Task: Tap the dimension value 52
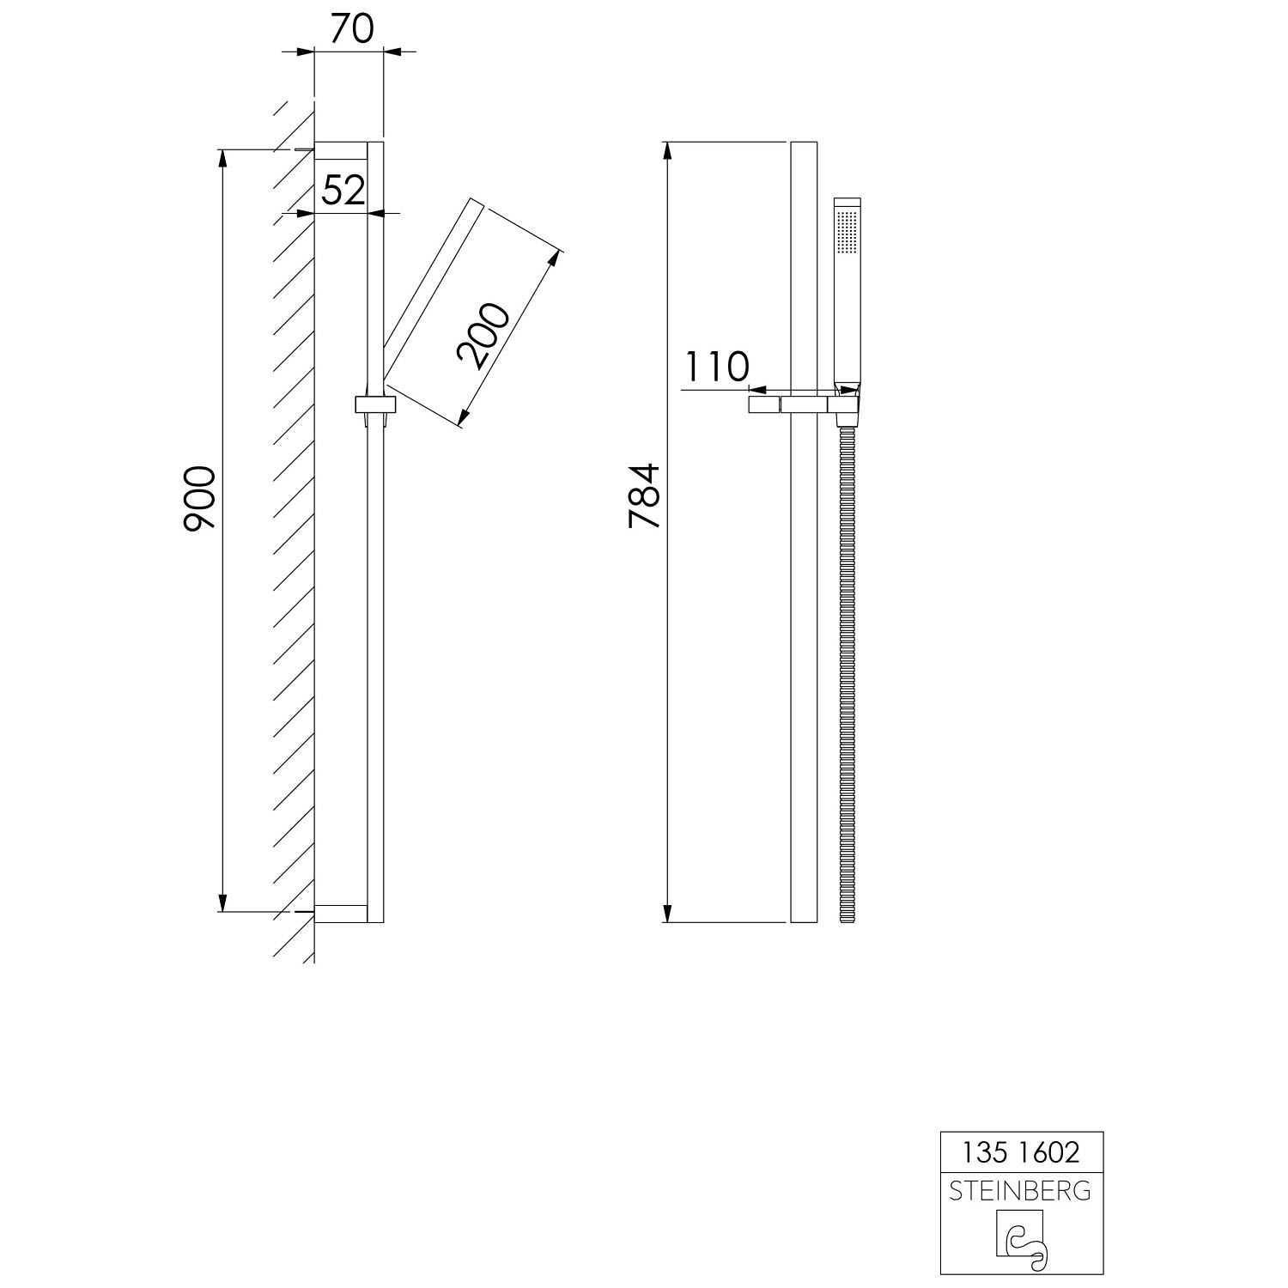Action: pos(343,190)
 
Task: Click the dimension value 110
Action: pos(717,368)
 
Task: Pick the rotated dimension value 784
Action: pos(644,495)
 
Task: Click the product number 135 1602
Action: pos(1021,1151)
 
